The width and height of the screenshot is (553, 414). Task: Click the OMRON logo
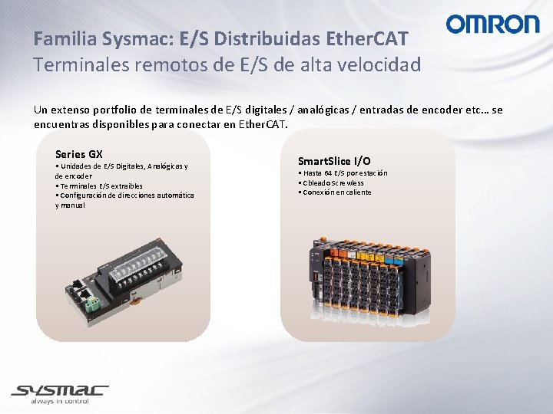pos(492,25)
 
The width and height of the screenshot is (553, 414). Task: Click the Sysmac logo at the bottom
pos(60,392)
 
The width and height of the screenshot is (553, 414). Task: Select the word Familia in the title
pos(65,38)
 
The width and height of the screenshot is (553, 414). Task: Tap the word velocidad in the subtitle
pos(378,64)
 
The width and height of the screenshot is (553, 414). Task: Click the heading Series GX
pos(79,154)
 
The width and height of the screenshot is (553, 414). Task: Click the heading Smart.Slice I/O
pos(334,161)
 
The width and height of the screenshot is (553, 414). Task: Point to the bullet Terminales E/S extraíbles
pos(100,186)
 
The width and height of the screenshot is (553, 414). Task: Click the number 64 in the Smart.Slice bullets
pos(327,173)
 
